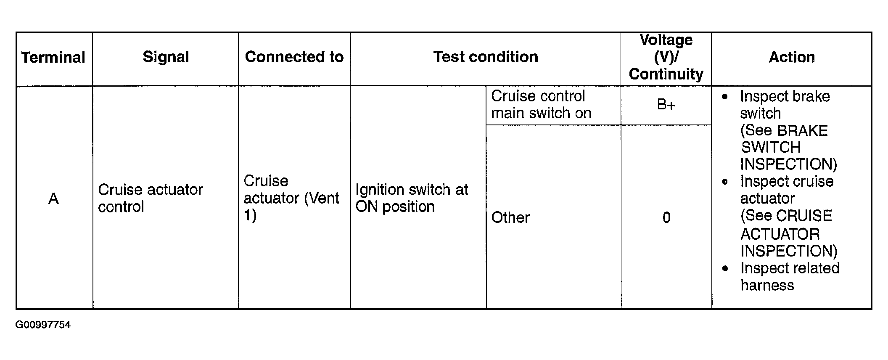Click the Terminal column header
click(x=53, y=57)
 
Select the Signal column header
click(x=166, y=57)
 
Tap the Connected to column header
click(x=294, y=57)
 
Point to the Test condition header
click(x=486, y=57)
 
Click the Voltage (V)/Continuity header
click(x=666, y=57)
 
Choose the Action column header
click(x=792, y=57)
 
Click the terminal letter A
click(x=53, y=199)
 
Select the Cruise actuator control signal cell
click(x=151, y=198)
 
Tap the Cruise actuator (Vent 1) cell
click(x=291, y=198)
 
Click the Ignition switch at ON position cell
click(x=412, y=198)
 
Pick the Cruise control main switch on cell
click(x=541, y=105)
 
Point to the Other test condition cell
click(x=510, y=217)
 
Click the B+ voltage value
click(x=666, y=104)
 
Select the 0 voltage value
click(x=666, y=217)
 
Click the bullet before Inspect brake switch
click(x=724, y=96)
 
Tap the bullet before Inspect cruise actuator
click(x=724, y=182)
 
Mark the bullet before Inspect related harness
click(x=724, y=268)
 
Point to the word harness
click(x=767, y=285)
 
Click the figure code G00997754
click(x=43, y=325)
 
